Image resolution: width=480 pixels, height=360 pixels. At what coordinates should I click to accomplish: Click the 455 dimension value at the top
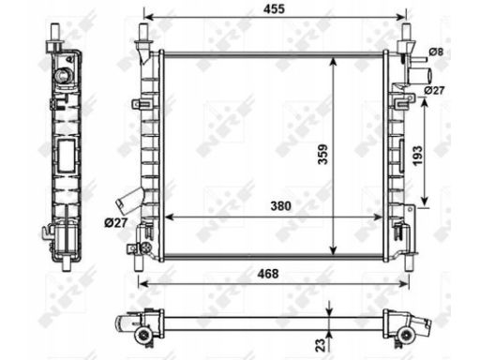pos(274,9)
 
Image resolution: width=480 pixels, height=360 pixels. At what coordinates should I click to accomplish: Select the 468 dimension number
pos(268,274)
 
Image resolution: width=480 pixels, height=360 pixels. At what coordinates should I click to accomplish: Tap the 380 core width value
pos(281,206)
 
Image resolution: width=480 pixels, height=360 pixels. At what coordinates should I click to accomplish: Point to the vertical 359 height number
pos(322,154)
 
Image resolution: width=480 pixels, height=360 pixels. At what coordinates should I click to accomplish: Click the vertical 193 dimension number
pos(417,156)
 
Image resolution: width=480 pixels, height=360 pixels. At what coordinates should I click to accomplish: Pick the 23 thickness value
pos(321,345)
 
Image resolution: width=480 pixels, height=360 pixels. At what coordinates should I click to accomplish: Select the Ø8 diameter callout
pos(436,52)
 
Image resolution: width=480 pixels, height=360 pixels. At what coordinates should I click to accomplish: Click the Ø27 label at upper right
pos(434,90)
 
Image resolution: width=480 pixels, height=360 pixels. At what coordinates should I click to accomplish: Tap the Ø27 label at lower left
pos(116,223)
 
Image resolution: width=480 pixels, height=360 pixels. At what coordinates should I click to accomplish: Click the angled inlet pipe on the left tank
pos(129,200)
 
